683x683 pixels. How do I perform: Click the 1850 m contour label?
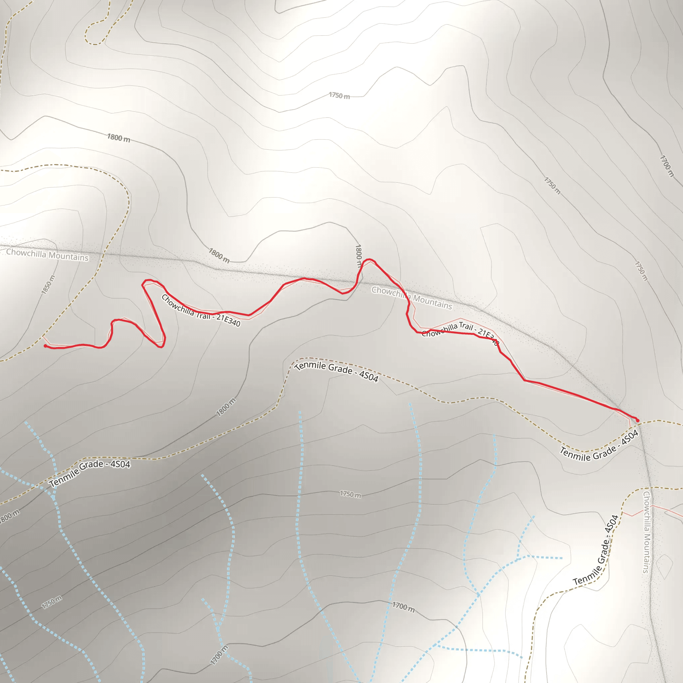(48, 284)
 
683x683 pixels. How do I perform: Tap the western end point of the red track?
(45, 346)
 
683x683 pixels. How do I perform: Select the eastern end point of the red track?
(637, 421)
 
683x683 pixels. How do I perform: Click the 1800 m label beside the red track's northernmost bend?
(358, 256)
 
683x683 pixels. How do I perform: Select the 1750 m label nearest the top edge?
(339, 95)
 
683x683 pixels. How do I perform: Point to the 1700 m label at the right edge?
(666, 166)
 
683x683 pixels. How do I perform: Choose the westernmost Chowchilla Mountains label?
(47, 254)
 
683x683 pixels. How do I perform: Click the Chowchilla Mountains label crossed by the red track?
(412, 298)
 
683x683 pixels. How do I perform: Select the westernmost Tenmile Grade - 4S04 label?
(90, 474)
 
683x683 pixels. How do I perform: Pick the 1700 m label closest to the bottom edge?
(219, 655)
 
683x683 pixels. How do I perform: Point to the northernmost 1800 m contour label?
(119, 138)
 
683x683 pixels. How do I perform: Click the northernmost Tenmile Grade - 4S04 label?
(336, 371)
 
